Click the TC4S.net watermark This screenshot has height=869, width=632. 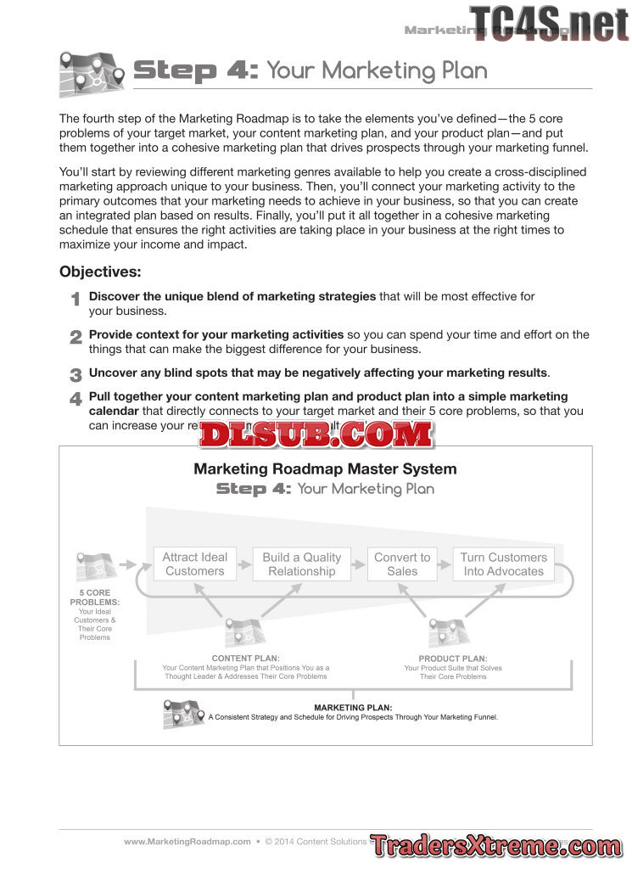[x=549, y=23]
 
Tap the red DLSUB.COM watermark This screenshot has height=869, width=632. [x=316, y=435]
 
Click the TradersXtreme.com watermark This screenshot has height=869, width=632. [x=495, y=846]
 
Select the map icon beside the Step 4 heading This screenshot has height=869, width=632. [x=92, y=74]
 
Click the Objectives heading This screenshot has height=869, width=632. [x=100, y=272]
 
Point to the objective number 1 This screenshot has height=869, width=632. [x=76, y=300]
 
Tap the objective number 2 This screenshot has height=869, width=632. [x=76, y=337]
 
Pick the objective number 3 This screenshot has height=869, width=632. [x=76, y=374]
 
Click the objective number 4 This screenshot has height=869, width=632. [x=76, y=399]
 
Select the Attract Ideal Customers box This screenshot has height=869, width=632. [x=195, y=564]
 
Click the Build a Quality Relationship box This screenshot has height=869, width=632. [x=301, y=564]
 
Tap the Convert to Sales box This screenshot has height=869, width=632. [x=402, y=564]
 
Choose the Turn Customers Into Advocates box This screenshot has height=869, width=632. [x=503, y=564]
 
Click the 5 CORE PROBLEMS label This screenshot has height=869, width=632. [x=94, y=597]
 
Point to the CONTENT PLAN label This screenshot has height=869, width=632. [x=245, y=658]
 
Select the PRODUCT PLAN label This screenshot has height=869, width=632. [x=452, y=658]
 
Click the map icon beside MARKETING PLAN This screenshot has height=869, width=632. [x=183, y=715]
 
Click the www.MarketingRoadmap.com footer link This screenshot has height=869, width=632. [x=187, y=842]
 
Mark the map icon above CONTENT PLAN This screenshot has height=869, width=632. [x=244, y=631]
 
